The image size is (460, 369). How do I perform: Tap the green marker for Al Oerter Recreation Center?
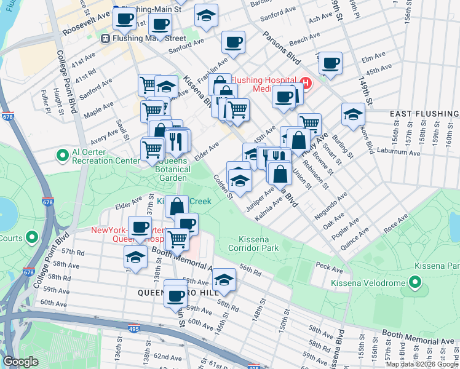[x=63, y=156]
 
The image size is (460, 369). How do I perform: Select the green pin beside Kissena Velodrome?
[x=415, y=283]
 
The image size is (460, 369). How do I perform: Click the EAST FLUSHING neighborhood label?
[x=424, y=114]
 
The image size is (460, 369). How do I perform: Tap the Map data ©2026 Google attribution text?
[x=422, y=364]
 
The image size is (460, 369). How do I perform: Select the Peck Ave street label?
[x=328, y=269]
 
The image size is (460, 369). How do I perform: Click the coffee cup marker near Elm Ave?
[x=330, y=62]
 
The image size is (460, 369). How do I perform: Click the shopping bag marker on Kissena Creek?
[x=176, y=205]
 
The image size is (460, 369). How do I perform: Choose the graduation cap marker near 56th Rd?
[x=224, y=279]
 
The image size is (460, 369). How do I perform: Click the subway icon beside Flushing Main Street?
[x=106, y=38]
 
